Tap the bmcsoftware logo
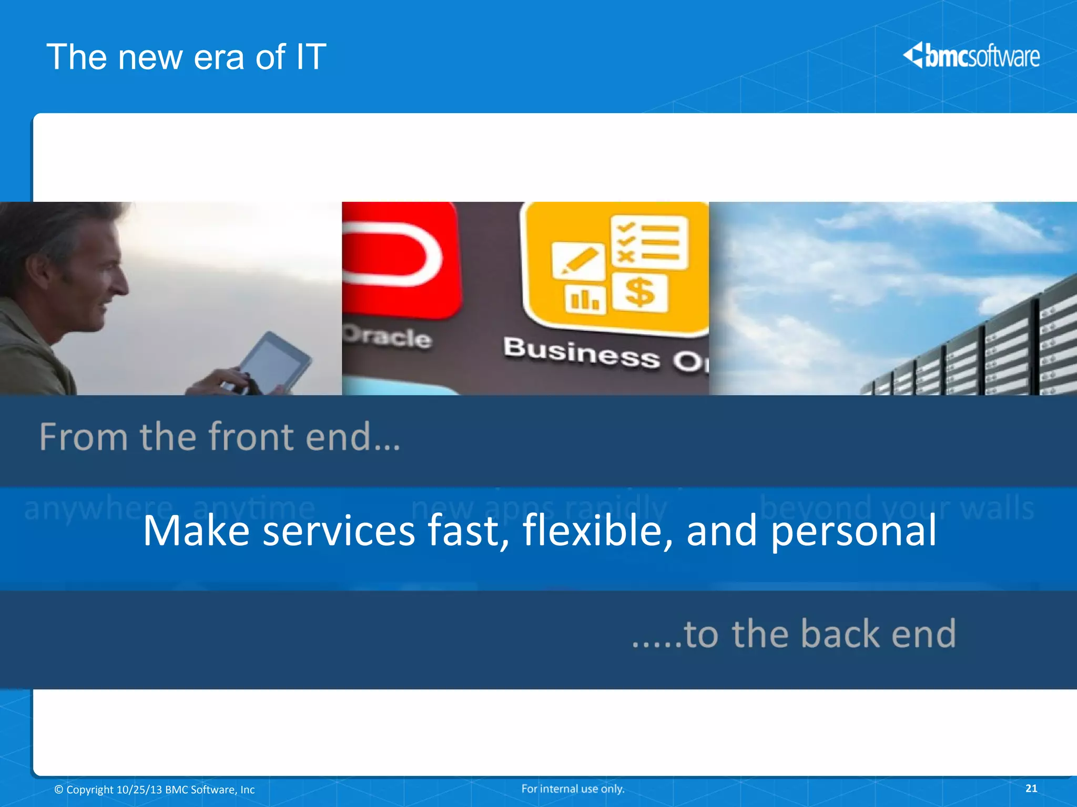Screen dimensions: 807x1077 coord(972,56)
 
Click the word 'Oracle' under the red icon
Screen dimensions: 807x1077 coord(388,336)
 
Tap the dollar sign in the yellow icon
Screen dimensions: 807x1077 coord(639,292)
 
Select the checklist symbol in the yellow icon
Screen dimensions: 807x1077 coord(649,242)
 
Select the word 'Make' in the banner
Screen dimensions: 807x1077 coord(196,531)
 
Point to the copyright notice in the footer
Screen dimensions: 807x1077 coord(155,790)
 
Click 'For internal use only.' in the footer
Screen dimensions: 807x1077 coord(573,789)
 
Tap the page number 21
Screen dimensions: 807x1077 coord(1031,788)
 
